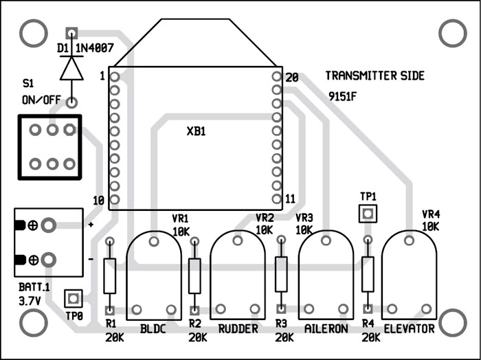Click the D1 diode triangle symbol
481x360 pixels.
[71, 67]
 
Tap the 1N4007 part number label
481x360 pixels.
[96, 49]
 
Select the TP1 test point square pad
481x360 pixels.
[368, 214]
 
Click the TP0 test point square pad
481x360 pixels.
[73, 299]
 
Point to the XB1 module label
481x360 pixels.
[196, 131]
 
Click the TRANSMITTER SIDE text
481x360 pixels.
[374, 76]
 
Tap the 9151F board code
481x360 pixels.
[343, 97]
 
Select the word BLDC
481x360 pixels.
[153, 329]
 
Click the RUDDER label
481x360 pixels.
[238, 329]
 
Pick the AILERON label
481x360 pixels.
[326, 329]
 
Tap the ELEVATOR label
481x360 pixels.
[410, 329]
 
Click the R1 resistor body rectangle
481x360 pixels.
[109, 275]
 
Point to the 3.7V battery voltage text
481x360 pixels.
[30, 300]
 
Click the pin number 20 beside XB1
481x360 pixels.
[291, 78]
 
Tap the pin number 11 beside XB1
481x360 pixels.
[290, 199]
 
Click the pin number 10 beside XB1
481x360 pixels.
[98, 201]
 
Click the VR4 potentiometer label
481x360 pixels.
[430, 214]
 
